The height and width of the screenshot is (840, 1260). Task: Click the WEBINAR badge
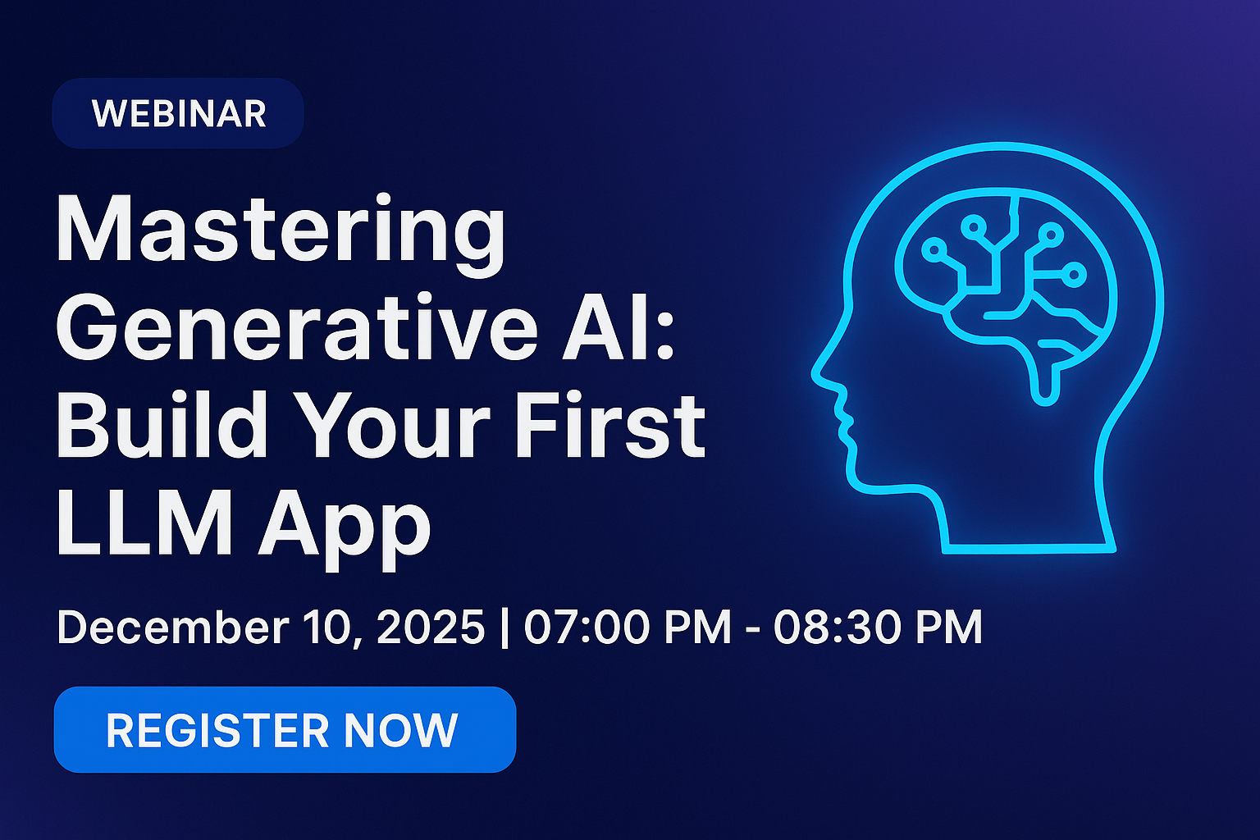point(178,113)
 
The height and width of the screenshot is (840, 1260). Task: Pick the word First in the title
point(609,424)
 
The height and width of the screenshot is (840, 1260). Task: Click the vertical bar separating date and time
point(504,628)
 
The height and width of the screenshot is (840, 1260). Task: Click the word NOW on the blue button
point(400,730)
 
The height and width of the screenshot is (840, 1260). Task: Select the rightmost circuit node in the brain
point(1074,274)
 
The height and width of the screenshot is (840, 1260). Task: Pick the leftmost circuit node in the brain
point(934,249)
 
